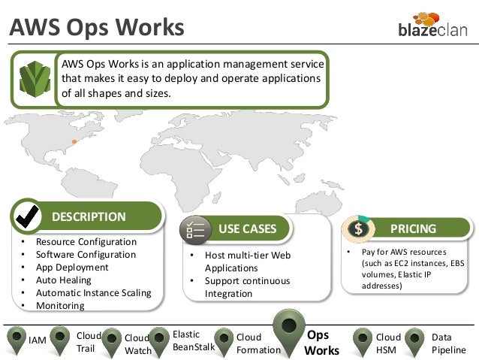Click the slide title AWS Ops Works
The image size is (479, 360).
[96, 27]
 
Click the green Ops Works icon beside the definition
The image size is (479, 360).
[35, 79]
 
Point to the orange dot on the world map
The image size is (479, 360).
[74, 141]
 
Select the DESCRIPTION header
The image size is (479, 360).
[89, 216]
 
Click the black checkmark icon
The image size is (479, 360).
[29, 216]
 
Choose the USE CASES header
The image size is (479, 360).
[248, 228]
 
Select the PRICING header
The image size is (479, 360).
[414, 228]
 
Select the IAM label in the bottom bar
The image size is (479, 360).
[38, 341]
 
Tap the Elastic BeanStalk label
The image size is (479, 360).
[193, 340]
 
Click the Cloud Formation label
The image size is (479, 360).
[258, 343]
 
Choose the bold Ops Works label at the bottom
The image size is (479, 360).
[322, 343]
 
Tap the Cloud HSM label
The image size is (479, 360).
[388, 343]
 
